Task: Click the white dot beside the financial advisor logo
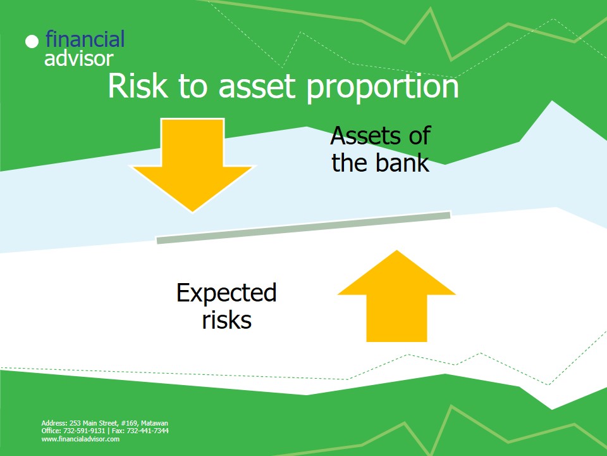point(32,42)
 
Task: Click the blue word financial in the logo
point(85,39)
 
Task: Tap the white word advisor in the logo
point(79,58)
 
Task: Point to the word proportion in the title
point(383,88)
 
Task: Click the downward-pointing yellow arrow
point(192,165)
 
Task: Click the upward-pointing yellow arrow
point(397,296)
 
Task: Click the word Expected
point(226,293)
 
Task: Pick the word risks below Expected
point(227,320)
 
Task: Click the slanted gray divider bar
point(303,227)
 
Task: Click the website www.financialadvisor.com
point(80,439)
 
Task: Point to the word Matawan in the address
point(154,423)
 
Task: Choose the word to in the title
point(193,87)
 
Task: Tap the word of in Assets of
point(420,136)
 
